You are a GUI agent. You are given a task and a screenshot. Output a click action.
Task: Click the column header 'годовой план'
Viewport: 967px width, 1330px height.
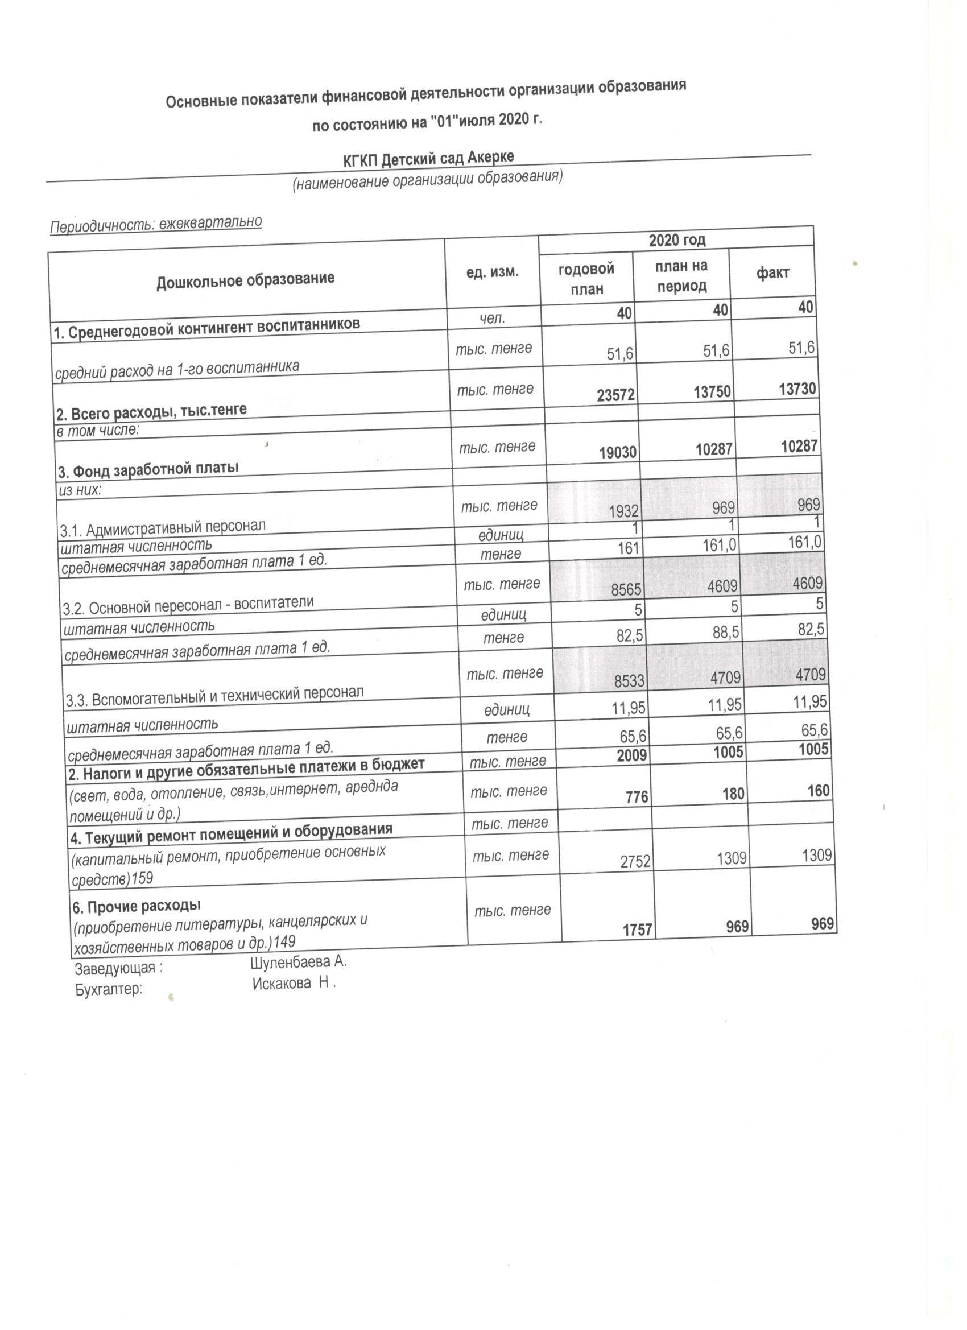(586, 279)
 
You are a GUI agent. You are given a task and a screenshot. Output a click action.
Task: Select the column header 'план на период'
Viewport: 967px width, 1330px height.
(681, 276)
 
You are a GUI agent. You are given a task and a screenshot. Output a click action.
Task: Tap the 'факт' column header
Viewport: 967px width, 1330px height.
(772, 272)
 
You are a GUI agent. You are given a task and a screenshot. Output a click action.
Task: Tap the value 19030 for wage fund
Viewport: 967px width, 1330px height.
(618, 452)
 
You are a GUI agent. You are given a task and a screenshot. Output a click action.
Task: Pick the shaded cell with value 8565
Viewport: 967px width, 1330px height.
(626, 591)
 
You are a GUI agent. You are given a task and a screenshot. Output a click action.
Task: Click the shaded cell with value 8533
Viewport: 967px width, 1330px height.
(629, 681)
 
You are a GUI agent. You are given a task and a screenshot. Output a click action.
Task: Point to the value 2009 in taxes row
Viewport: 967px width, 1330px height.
(631, 755)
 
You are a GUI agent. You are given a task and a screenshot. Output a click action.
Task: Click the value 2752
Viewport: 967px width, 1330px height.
(637, 860)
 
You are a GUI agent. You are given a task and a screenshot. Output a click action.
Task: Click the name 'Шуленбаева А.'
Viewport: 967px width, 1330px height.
(299, 963)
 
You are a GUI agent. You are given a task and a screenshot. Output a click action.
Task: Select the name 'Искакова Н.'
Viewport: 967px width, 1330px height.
(294, 984)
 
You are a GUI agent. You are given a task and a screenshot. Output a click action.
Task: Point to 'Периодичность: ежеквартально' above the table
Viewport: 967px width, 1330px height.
(155, 224)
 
